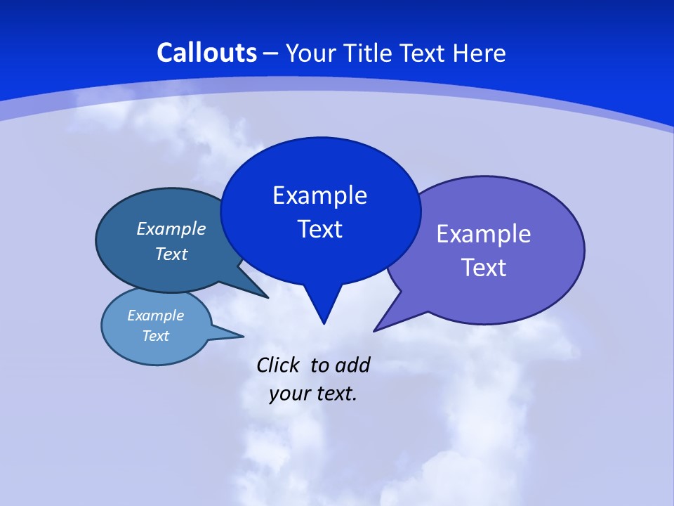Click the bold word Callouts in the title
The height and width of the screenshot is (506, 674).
[x=206, y=53]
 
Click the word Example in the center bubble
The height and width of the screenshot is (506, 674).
[x=319, y=195]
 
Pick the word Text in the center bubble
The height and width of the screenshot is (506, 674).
[x=319, y=229]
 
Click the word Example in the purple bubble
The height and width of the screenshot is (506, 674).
[x=484, y=234]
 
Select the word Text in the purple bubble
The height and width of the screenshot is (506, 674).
[x=484, y=268]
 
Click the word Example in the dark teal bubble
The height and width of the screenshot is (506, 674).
[x=171, y=228]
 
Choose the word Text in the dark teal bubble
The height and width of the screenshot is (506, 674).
[x=171, y=254]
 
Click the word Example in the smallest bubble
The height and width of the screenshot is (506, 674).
[x=155, y=316]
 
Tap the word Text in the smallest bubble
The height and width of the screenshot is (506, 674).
[x=155, y=336]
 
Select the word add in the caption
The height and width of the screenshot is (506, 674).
[x=352, y=365]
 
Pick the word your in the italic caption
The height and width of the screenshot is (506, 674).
[x=285, y=394]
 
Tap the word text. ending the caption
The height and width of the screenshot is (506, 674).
[x=334, y=394]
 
